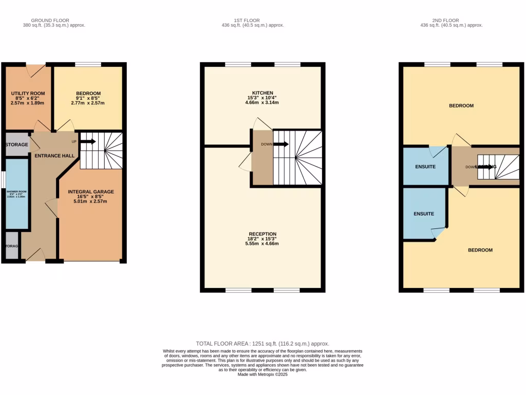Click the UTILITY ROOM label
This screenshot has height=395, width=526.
tap(28, 93)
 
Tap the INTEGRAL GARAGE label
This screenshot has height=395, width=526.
tap(91, 192)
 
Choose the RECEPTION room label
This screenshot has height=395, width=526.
tap(262, 234)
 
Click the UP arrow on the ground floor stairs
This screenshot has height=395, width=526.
tap(87, 141)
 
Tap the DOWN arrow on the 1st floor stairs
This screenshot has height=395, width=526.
tap(281, 144)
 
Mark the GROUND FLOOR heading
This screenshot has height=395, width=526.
tap(54, 20)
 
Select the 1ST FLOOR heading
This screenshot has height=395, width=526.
tap(252, 20)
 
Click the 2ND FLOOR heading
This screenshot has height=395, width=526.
tap(451, 20)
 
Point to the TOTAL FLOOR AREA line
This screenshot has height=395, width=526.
tap(262, 344)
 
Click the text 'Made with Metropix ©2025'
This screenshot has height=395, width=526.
tap(262, 375)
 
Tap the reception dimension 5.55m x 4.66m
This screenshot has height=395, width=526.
tap(262, 243)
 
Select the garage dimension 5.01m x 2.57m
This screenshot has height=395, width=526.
tap(91, 202)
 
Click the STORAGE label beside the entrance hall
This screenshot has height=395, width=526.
tap(17, 145)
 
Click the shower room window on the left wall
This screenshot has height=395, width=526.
tap(3, 179)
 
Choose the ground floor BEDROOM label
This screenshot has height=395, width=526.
tap(88, 93)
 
